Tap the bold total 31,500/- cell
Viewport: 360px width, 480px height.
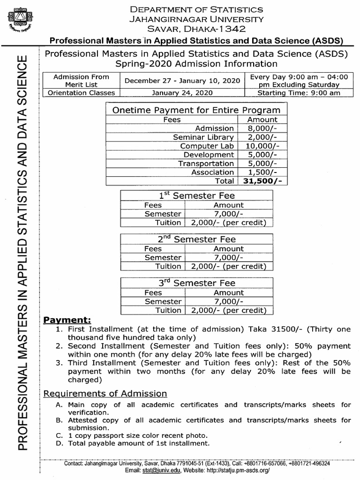pos(262,181)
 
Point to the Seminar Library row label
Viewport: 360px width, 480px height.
pos(203,137)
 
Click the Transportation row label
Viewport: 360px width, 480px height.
pos(206,163)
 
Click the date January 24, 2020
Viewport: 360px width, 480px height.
pos(182,93)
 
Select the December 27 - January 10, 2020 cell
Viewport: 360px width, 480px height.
pos(182,81)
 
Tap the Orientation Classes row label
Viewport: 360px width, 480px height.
pos(82,93)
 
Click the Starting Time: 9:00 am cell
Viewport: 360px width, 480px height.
pos(299,93)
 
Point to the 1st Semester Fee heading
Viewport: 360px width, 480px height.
pos(196,195)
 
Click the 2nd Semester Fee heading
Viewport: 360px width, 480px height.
pos(196,240)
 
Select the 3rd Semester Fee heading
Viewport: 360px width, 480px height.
pos(196,283)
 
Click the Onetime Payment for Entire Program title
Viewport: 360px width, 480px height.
pos(196,110)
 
